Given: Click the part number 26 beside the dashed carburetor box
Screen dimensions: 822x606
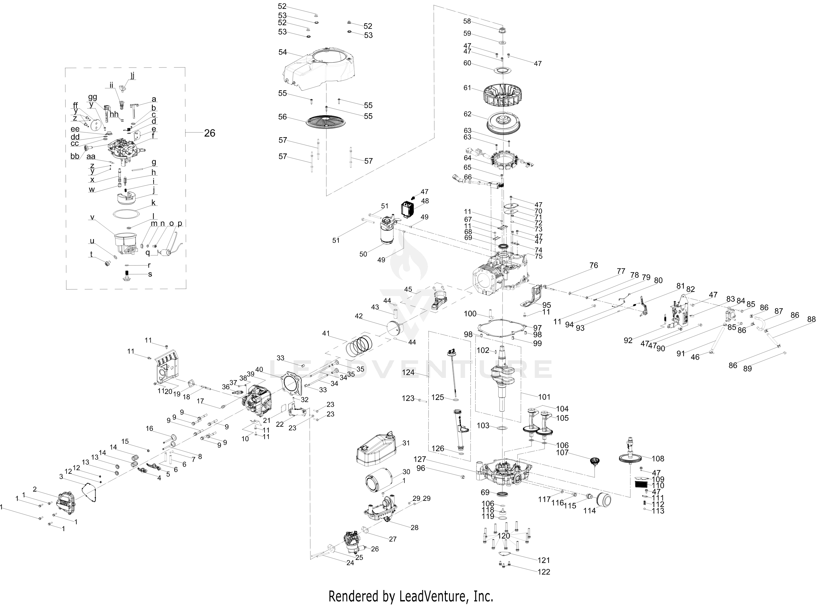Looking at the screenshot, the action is tap(209, 133).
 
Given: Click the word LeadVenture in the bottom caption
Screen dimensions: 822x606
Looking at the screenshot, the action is tap(432, 596).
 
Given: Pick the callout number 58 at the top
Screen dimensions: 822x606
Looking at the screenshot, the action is tap(467, 21).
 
